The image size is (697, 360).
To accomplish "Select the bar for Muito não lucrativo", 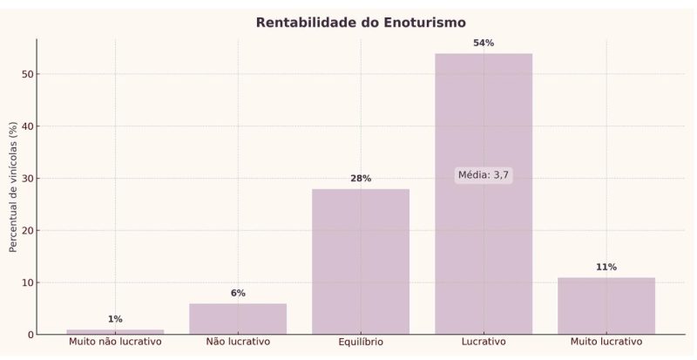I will pos(115,332).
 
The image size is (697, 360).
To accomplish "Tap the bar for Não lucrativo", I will pos(238,319).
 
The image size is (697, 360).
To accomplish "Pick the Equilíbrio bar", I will pos(361,262).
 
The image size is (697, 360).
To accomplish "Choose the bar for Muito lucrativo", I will pos(606,306).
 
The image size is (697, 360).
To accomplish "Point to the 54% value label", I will pos(484,43).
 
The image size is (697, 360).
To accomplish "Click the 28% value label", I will pos(361,179).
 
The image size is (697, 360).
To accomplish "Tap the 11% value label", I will pos(606,267).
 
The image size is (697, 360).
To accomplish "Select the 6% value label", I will pos(238,293).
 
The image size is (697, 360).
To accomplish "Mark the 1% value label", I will pos(115,319).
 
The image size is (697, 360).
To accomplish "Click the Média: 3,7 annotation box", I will pos(484,175).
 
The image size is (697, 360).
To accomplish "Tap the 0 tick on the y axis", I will pos(30,335).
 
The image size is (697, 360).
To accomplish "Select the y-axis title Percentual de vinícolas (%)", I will pos(13,187).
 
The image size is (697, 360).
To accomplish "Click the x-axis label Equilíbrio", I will pos(361,342).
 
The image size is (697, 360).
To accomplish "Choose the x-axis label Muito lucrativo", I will pos(606,342).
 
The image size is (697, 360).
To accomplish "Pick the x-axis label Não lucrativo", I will pos(238,342).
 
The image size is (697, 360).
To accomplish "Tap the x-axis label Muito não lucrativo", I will pos(115,342).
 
